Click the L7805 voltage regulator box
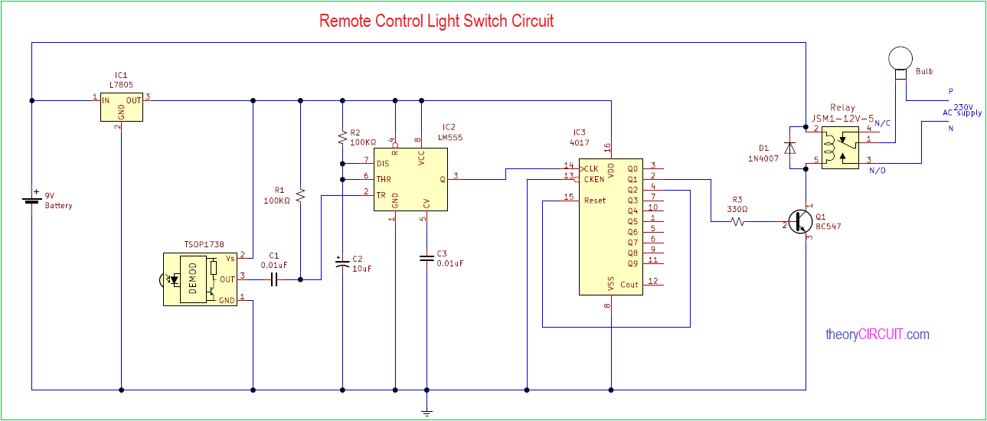[122, 107]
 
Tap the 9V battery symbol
[31, 201]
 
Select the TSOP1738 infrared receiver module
[200, 279]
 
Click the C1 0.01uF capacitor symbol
[274, 279]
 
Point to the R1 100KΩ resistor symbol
[300, 195]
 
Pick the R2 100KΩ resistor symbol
[342, 137]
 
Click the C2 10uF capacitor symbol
[342, 264]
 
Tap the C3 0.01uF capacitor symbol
[427, 258]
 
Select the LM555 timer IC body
[410, 180]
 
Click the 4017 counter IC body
[611, 227]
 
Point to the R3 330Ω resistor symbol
[738, 221]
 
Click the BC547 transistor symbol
[801, 221]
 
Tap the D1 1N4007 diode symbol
[790, 148]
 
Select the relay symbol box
[840, 148]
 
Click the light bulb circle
[900, 58]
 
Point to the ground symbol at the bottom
[427, 413]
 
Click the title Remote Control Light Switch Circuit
[436, 21]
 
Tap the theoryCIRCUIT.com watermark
[878, 335]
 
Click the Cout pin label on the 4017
[629, 285]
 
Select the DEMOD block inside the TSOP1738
[193, 279]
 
